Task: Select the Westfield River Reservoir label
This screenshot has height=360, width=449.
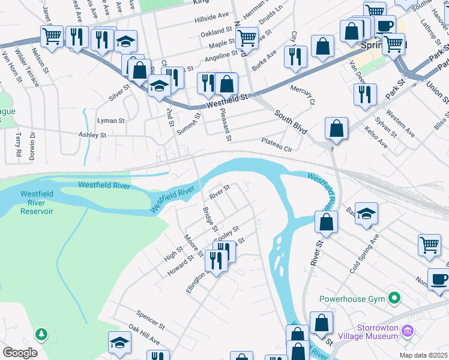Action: [x=37, y=202]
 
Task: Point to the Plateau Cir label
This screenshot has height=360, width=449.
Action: [x=276, y=144]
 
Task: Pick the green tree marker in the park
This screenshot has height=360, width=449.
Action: [x=41, y=333]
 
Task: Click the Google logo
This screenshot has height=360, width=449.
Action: [x=19, y=352]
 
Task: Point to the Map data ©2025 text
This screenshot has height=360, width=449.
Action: [x=423, y=355]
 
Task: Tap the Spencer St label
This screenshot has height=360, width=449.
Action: [x=150, y=320]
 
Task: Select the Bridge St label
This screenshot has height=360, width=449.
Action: [x=209, y=219]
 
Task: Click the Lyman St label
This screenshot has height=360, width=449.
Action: [x=110, y=121]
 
